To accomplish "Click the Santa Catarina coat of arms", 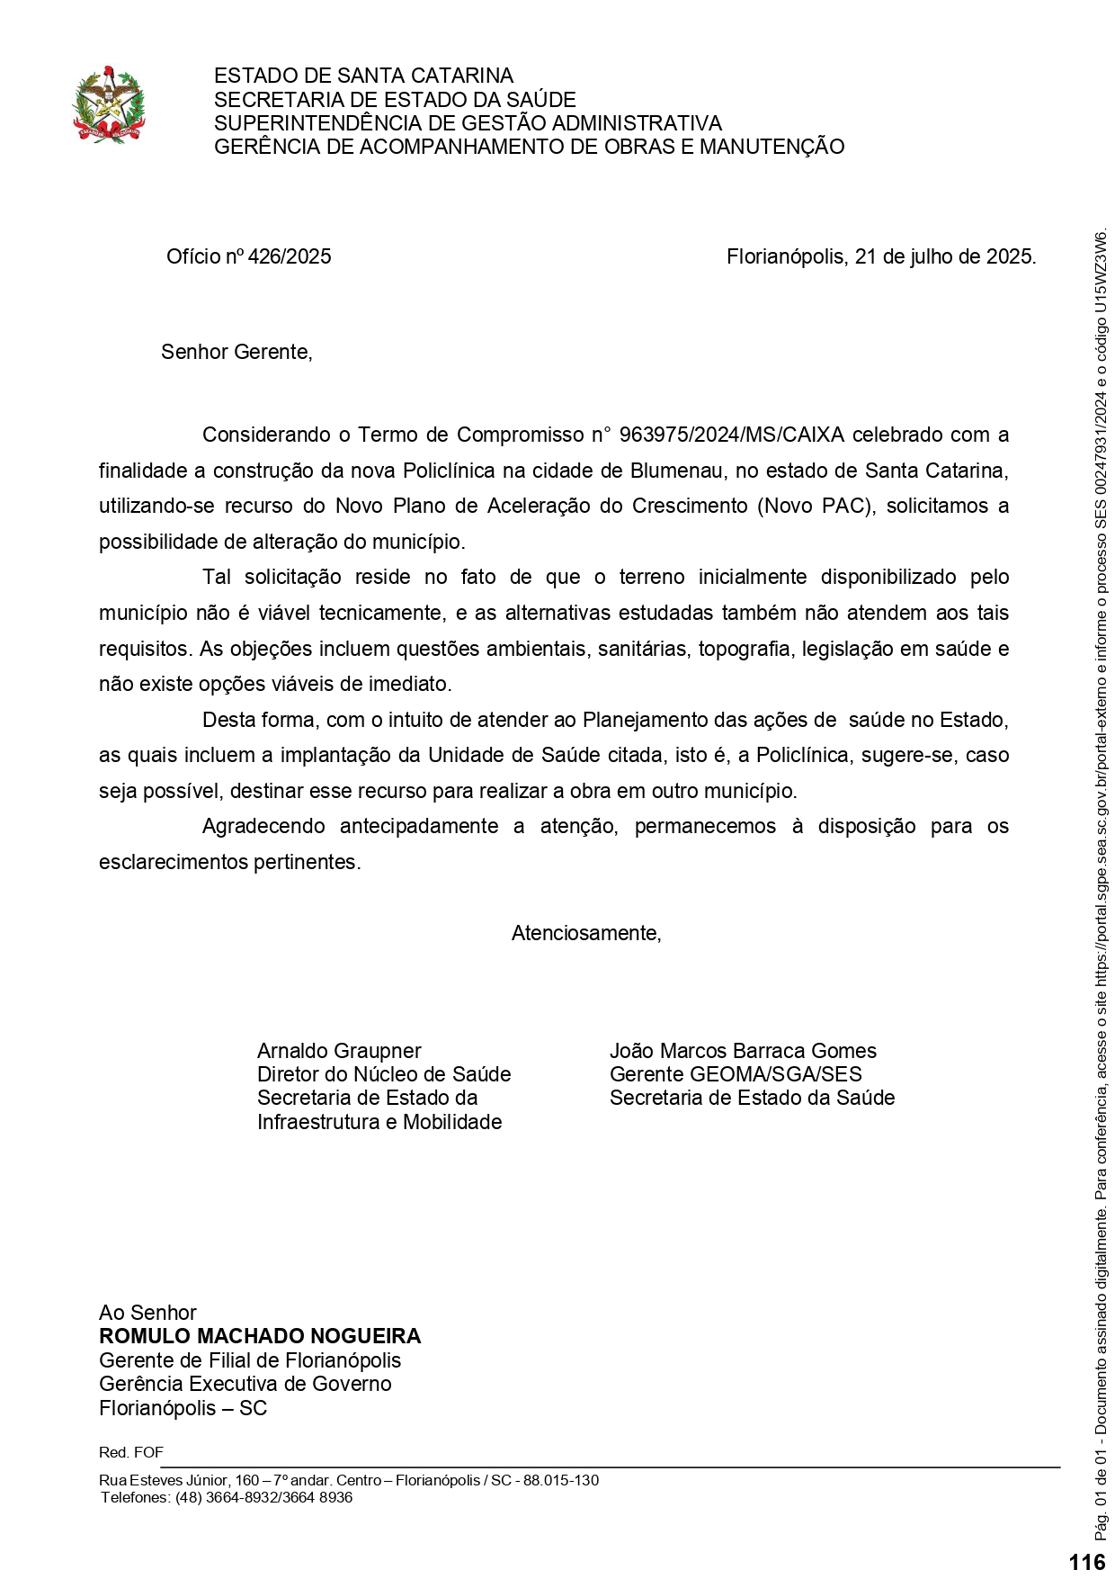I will pyautogui.click(x=109, y=104).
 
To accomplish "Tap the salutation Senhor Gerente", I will pyautogui.click(x=236, y=353).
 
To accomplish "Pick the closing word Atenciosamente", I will pyautogui.click(x=586, y=934).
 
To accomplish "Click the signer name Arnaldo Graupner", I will pyautogui.click(x=339, y=1051).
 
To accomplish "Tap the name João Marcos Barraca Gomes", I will pyautogui.click(x=743, y=1051).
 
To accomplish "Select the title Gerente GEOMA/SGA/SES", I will pyautogui.click(x=736, y=1074).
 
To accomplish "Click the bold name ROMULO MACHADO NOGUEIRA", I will pyautogui.click(x=260, y=1336).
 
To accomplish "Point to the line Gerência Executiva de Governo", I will pyautogui.click(x=245, y=1384).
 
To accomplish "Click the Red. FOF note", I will pyautogui.click(x=131, y=1452).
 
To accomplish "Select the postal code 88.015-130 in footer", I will pyautogui.click(x=561, y=1480).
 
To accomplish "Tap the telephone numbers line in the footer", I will pyautogui.click(x=227, y=1497).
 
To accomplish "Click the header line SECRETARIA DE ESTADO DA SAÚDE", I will pyautogui.click(x=395, y=100).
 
